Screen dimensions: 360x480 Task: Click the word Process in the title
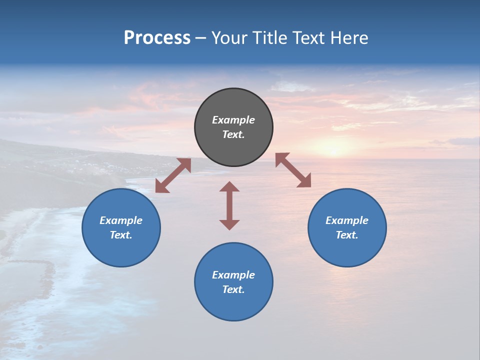157,38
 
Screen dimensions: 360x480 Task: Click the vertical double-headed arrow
229,205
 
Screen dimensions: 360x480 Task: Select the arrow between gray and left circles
173,175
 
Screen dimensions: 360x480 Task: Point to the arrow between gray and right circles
293,170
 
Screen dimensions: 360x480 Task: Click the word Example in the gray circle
233,120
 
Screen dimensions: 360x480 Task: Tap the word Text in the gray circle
233,134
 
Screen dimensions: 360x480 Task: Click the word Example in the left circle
121,220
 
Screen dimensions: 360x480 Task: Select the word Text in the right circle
347,235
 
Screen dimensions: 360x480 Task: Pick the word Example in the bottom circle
233,275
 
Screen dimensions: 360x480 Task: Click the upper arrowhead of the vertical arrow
229,186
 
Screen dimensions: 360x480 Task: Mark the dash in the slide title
200,38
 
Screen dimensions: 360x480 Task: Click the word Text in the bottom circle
233,289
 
